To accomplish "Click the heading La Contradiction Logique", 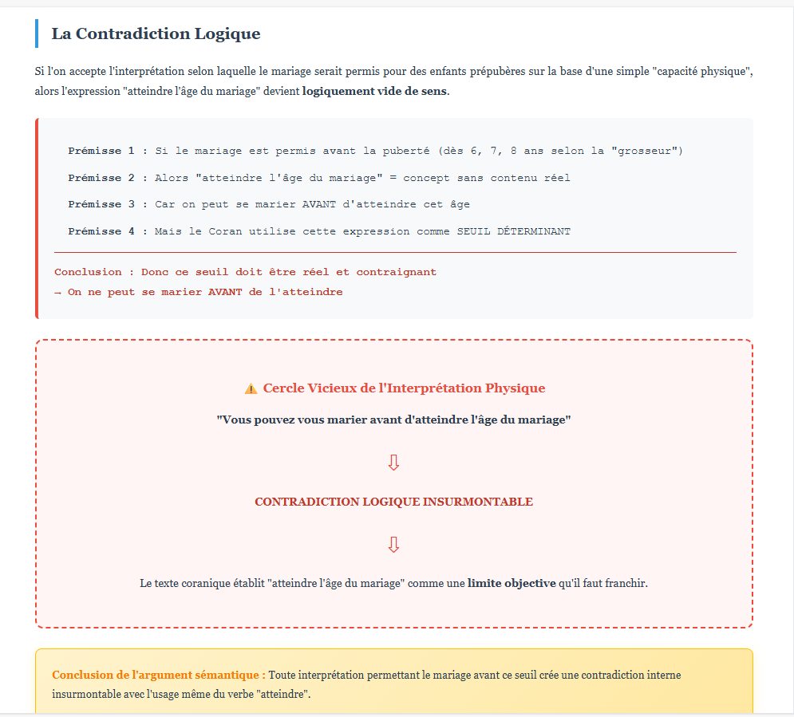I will coord(156,33).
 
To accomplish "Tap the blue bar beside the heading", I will coord(37,33).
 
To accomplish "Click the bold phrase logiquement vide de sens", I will coord(374,91).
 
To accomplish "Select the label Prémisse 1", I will coord(101,151).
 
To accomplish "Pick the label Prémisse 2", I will coord(101,178).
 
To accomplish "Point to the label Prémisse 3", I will coord(101,204).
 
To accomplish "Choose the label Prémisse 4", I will coord(101,231).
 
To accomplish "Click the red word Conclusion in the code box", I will coord(88,272).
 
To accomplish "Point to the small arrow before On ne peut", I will coord(57,292).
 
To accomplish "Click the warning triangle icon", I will coord(251,388).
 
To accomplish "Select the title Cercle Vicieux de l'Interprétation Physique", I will coord(404,388).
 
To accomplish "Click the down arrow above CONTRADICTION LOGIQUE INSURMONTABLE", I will coord(393,463).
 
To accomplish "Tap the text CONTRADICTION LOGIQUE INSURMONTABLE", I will coord(393,502).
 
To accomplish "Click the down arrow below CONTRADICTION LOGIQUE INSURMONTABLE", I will coord(393,545).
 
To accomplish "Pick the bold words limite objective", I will coord(512,583).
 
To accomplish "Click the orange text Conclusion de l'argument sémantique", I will coord(158,675).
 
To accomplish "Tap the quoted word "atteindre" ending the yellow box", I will coord(284,694).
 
